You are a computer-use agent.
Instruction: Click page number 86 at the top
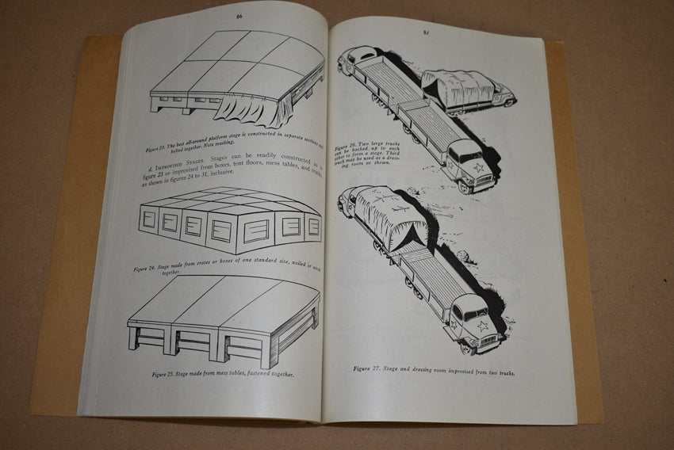(x=239, y=15)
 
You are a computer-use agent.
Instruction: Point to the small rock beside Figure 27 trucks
(x=465, y=255)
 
